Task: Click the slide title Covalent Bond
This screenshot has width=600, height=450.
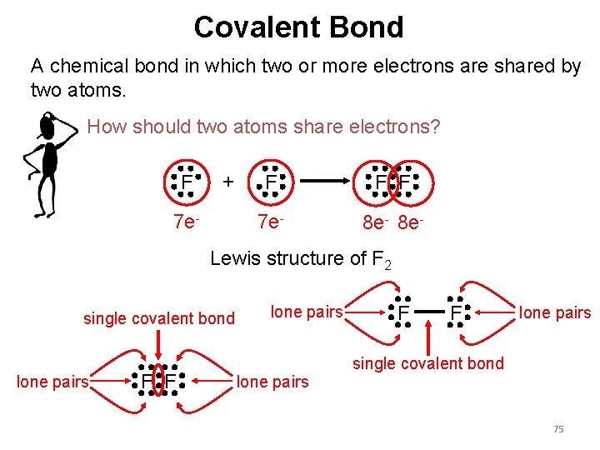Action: pos(298,27)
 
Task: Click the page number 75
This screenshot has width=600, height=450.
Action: pos(558,429)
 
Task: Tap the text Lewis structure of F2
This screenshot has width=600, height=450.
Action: pos(300,260)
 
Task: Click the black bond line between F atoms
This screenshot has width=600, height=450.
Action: pos(428,313)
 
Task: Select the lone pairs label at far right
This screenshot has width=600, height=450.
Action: pos(555,313)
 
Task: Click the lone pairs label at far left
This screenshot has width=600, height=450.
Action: pos(52,382)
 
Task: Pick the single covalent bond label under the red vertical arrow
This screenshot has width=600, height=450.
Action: pos(428,363)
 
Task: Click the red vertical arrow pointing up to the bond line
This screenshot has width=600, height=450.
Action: pos(428,338)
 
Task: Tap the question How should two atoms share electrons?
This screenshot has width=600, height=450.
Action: pos(263,127)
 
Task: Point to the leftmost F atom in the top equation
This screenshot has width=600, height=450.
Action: pos(187,182)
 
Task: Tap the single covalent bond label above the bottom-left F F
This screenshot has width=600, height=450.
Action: pos(158,318)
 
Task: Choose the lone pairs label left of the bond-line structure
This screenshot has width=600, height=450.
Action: pos(307,312)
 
